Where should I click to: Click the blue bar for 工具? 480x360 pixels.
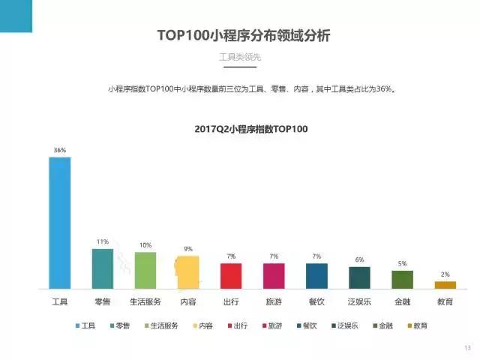[60, 223]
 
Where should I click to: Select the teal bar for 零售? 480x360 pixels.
[102, 268]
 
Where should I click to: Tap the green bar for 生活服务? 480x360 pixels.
[145, 270]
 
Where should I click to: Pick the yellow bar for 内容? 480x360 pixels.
[187, 272]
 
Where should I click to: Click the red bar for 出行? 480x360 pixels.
[231, 275]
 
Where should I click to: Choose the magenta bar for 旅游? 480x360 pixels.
[274, 275]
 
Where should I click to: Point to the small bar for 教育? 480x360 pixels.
[445, 284]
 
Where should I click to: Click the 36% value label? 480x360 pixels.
[60, 150]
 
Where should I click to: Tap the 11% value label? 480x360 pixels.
[102, 241]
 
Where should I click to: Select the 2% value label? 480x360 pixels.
[445, 274]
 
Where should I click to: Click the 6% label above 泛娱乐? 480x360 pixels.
[359, 259]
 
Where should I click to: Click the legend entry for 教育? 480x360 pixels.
[421, 325]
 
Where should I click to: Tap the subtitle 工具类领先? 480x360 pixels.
[240, 58]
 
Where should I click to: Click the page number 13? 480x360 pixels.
[467, 347]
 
